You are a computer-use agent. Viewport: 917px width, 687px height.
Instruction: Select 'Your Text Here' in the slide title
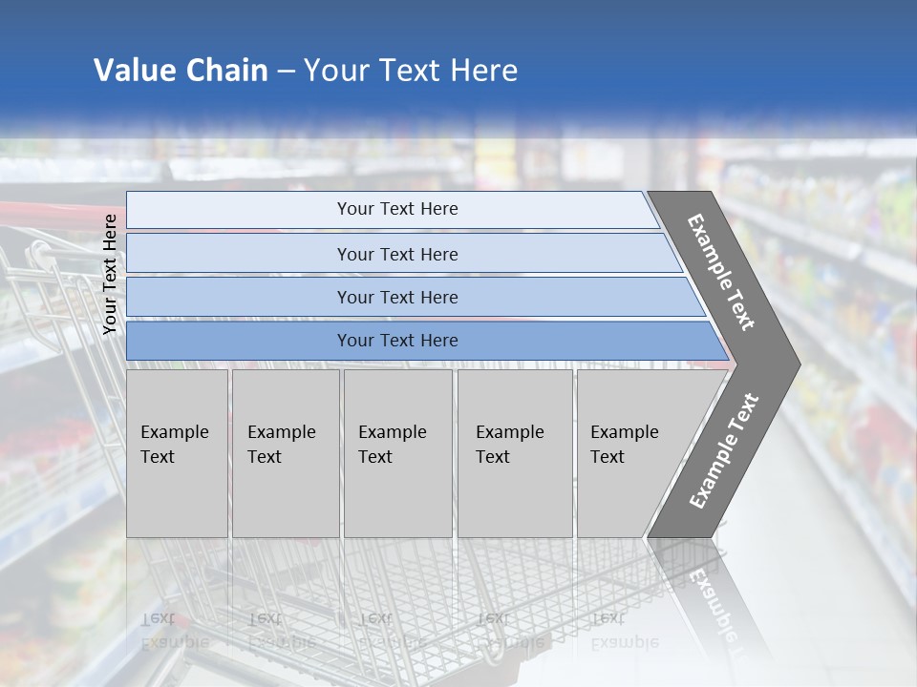click(x=411, y=71)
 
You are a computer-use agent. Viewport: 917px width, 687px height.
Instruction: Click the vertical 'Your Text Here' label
click(x=110, y=274)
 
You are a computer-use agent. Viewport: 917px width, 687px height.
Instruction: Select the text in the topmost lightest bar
click(x=397, y=209)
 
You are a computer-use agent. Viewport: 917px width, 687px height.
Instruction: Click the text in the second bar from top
click(x=397, y=254)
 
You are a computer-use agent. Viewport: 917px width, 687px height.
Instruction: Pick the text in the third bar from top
click(x=397, y=297)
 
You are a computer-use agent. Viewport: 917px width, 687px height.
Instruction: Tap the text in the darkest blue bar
click(x=397, y=341)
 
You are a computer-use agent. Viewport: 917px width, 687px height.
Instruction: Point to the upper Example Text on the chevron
click(x=721, y=272)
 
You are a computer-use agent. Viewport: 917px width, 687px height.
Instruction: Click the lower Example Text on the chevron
click(x=723, y=451)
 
